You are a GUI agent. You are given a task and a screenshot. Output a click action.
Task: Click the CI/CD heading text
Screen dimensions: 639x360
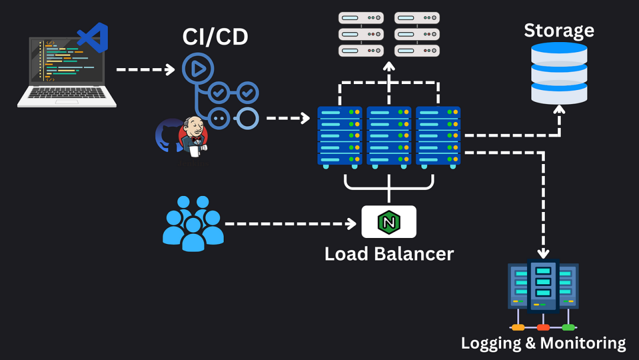click(215, 37)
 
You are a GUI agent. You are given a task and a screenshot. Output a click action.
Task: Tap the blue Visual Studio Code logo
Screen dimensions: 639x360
click(93, 37)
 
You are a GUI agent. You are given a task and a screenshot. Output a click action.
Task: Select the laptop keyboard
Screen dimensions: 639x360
click(66, 93)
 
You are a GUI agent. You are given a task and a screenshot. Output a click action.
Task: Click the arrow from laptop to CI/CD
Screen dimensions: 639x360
click(146, 70)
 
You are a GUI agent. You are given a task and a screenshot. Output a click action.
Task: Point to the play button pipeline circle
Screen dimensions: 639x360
click(198, 69)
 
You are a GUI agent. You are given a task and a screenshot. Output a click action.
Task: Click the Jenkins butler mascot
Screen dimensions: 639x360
click(193, 137)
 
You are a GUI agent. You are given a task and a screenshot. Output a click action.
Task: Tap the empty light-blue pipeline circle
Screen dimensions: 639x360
click(247, 118)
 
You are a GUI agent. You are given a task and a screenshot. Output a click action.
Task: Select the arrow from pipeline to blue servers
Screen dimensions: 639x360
click(288, 118)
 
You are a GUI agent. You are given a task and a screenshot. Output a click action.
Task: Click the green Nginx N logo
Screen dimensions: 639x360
click(389, 222)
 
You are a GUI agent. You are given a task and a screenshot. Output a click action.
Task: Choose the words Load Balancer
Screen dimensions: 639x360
click(389, 254)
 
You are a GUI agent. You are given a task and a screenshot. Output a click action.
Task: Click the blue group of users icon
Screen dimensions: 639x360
click(193, 224)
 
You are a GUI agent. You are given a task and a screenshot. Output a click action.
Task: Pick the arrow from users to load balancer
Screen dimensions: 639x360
click(291, 224)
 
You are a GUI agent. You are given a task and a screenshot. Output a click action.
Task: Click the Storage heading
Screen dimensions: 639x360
click(559, 31)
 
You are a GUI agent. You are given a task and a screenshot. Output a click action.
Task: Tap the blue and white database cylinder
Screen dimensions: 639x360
click(559, 73)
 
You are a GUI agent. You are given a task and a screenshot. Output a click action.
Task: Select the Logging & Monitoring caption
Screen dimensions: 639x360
click(543, 343)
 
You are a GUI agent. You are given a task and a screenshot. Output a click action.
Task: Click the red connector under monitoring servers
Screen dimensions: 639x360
click(543, 327)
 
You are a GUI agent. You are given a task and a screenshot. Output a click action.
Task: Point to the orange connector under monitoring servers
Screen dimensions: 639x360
click(518, 327)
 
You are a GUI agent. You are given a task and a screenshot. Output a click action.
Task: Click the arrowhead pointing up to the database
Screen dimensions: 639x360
click(559, 110)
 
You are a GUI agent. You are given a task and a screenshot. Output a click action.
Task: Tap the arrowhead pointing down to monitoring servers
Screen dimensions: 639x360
click(543, 253)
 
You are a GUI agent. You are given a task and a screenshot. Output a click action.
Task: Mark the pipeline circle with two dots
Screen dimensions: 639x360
click(219, 118)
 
